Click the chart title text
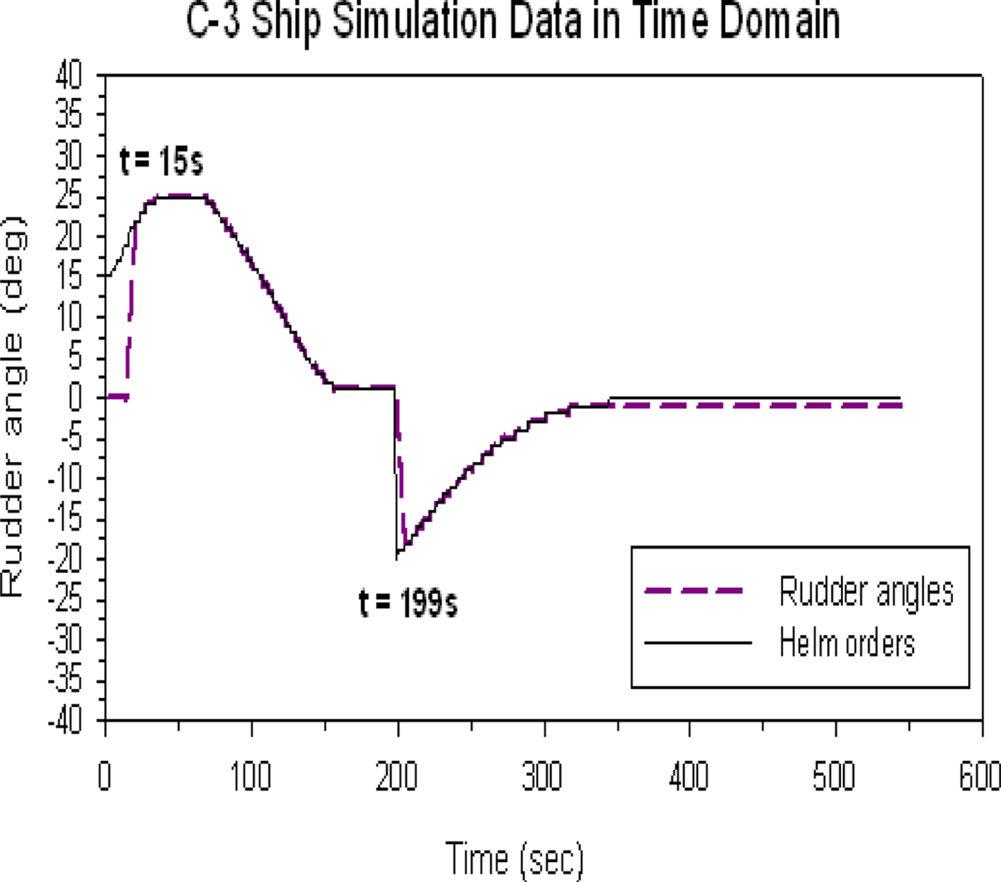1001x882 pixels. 513,21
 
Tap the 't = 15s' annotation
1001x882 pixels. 162,160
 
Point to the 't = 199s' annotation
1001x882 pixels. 408,603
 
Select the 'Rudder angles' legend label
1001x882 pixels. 866,592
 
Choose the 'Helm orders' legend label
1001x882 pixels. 847,642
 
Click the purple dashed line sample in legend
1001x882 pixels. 694,592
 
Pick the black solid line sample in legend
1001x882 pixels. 698,642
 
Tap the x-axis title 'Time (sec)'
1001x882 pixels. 515,858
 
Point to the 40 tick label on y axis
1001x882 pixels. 69,74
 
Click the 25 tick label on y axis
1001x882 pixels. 69,196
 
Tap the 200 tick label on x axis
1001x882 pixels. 397,776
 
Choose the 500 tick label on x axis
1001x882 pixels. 834,776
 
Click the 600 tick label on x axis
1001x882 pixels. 980,776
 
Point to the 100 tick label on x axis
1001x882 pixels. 250,776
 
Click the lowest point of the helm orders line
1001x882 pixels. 396,559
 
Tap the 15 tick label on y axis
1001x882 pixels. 69,276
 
